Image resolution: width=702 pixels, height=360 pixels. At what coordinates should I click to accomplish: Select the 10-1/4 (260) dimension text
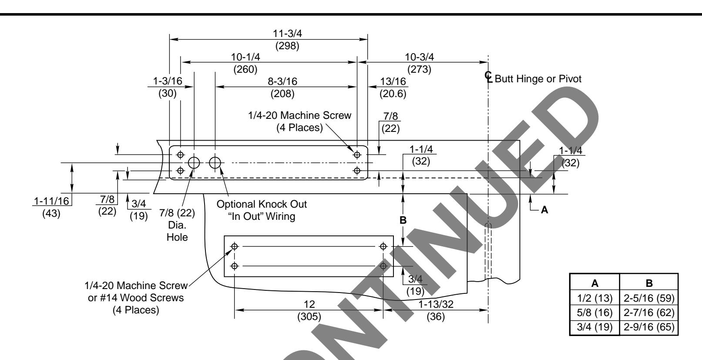pos(245,63)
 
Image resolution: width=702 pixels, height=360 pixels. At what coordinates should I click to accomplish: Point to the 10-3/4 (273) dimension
pos(420,63)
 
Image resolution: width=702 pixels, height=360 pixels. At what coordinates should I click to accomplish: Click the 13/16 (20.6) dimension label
pos(393,87)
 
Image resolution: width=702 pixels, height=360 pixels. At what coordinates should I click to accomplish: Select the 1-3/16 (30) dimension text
pos(168,87)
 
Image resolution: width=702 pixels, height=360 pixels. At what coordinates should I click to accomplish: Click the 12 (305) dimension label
pos(310,310)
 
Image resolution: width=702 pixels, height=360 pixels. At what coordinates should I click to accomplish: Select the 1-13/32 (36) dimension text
pos(435,310)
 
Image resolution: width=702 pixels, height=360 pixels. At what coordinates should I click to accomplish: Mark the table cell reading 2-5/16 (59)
pos(649,298)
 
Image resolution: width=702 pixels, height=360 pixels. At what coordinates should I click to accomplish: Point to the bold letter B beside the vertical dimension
pos(403,220)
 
